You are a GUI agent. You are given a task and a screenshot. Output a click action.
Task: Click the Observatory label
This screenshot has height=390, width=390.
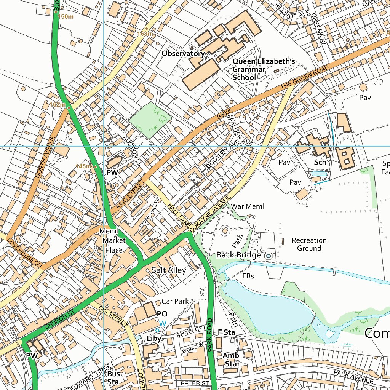[183, 54]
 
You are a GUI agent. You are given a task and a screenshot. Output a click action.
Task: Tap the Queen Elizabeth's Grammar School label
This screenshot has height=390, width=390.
[264, 69]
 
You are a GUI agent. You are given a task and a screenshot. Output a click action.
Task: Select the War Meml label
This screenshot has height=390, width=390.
[248, 206]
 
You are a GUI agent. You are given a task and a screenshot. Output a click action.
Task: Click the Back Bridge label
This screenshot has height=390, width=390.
[238, 255]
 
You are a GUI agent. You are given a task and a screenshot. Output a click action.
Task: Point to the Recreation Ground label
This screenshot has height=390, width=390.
[309, 244]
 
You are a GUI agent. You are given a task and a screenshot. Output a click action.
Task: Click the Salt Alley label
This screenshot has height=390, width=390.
[169, 270]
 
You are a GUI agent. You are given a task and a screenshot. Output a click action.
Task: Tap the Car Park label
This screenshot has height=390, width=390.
[175, 301]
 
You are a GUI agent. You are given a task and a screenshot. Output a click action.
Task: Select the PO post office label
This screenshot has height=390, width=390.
[162, 314]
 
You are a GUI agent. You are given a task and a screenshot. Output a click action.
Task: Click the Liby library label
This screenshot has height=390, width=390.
[154, 338]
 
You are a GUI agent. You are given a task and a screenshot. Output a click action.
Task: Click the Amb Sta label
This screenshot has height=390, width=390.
[231, 360]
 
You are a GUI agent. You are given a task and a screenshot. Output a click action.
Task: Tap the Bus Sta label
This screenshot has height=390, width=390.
[113, 378]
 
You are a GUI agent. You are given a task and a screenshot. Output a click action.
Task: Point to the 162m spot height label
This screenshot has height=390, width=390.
[58, 104]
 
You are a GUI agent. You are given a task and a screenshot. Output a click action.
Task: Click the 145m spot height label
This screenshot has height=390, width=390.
[83, 166]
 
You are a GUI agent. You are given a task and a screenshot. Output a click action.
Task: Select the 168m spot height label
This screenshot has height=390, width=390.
[145, 34]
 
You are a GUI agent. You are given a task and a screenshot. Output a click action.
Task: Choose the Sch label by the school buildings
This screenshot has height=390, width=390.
[320, 162]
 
